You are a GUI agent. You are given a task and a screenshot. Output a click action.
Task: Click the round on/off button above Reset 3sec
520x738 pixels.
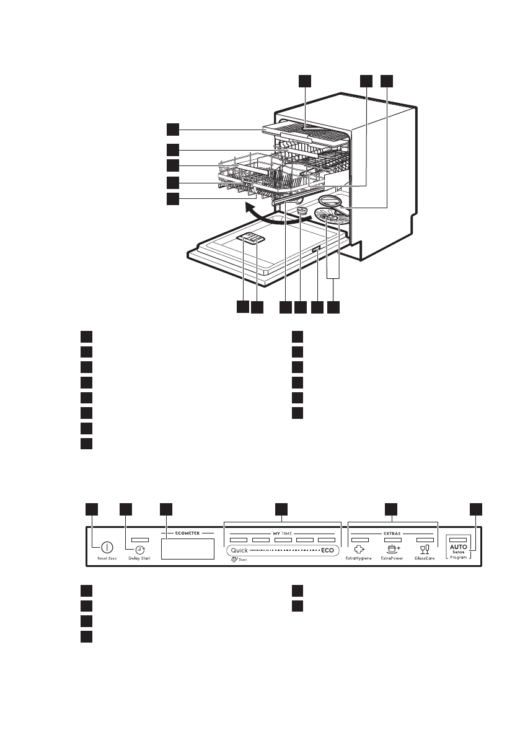pos(107,548)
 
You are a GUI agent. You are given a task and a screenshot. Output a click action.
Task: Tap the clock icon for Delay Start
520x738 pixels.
pos(141,549)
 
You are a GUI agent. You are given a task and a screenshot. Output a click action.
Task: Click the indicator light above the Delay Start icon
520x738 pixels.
pos(140,540)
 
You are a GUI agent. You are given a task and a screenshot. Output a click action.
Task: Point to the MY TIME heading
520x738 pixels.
pos(282,532)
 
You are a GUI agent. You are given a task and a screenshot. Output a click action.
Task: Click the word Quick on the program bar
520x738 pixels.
pos(239,550)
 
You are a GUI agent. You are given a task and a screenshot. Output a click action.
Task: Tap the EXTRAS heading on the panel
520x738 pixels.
pos(392,532)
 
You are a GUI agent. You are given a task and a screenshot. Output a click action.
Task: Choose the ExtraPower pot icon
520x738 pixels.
pos(393,549)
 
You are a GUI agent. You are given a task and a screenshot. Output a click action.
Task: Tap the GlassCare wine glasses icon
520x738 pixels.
pos(425,549)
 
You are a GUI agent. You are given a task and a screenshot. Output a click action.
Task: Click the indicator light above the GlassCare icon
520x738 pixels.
pos(425,540)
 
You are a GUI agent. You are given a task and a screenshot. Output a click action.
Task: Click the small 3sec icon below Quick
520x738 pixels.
pos(234,560)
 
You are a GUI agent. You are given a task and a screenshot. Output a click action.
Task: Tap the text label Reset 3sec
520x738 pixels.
pos(107,559)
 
